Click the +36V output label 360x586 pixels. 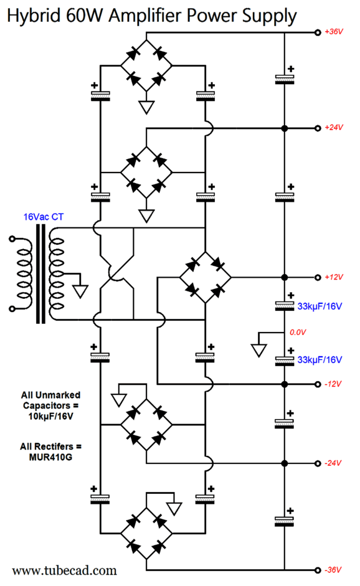tap(333, 32)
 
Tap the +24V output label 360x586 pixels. tap(333, 128)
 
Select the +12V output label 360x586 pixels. tap(333, 277)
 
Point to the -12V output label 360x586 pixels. tap(333, 384)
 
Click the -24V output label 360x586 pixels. tap(333, 463)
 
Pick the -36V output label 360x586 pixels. tap(333, 570)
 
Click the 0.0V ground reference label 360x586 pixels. tap(298, 333)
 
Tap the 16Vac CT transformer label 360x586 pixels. tap(44, 217)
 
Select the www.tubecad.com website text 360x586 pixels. tap(64, 570)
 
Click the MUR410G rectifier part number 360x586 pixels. tap(50, 457)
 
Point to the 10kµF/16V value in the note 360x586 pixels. tap(50, 416)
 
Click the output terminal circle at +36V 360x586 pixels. tap(318, 32)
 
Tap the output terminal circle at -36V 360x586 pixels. tap(318, 570)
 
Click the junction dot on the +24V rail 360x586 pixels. tap(285, 128)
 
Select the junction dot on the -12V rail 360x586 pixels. tap(285, 384)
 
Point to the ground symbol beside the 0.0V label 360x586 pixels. tap(258, 351)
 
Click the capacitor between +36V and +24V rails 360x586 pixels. tap(285, 79)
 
